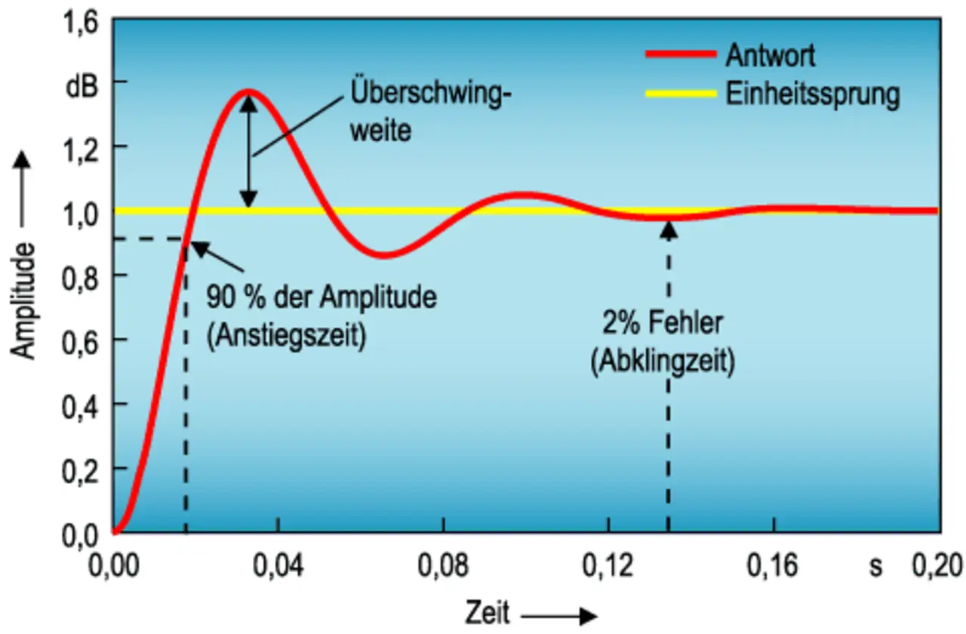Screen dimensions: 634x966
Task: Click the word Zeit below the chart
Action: tap(488, 611)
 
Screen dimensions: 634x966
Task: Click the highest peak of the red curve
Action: tap(248, 92)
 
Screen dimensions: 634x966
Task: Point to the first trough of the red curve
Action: tap(384, 255)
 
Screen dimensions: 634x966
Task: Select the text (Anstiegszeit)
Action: tap(286, 334)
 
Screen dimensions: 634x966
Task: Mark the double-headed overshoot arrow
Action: tap(248, 151)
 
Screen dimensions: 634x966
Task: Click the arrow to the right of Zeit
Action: tap(558, 615)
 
